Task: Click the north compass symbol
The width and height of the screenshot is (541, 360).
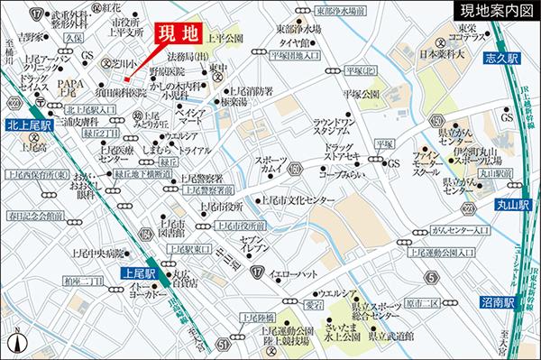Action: coord(16,342)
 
